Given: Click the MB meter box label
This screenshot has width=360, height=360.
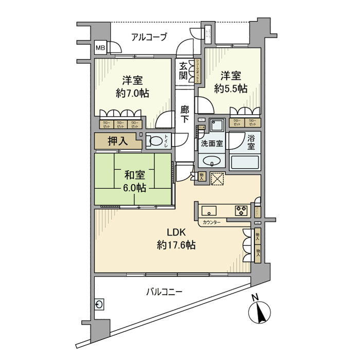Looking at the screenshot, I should pos(100,49).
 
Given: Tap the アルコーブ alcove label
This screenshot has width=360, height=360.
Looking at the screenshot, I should pos(149,37).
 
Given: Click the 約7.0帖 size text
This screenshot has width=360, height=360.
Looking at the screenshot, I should pos(132,94).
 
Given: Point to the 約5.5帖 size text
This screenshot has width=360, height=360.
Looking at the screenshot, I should pos(231,88).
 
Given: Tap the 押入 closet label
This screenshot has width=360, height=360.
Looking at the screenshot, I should pos(117,140).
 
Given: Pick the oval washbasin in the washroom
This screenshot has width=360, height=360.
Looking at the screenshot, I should pos(212,161).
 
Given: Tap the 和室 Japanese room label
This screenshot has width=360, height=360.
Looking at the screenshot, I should pos(133,175).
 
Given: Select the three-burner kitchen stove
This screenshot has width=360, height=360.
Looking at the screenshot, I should pos(241,210).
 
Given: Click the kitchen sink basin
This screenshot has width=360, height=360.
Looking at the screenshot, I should pos(210,210).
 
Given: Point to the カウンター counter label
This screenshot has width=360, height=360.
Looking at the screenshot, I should pos(212,222).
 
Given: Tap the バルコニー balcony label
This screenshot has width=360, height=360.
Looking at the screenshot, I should pos(164,292).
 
